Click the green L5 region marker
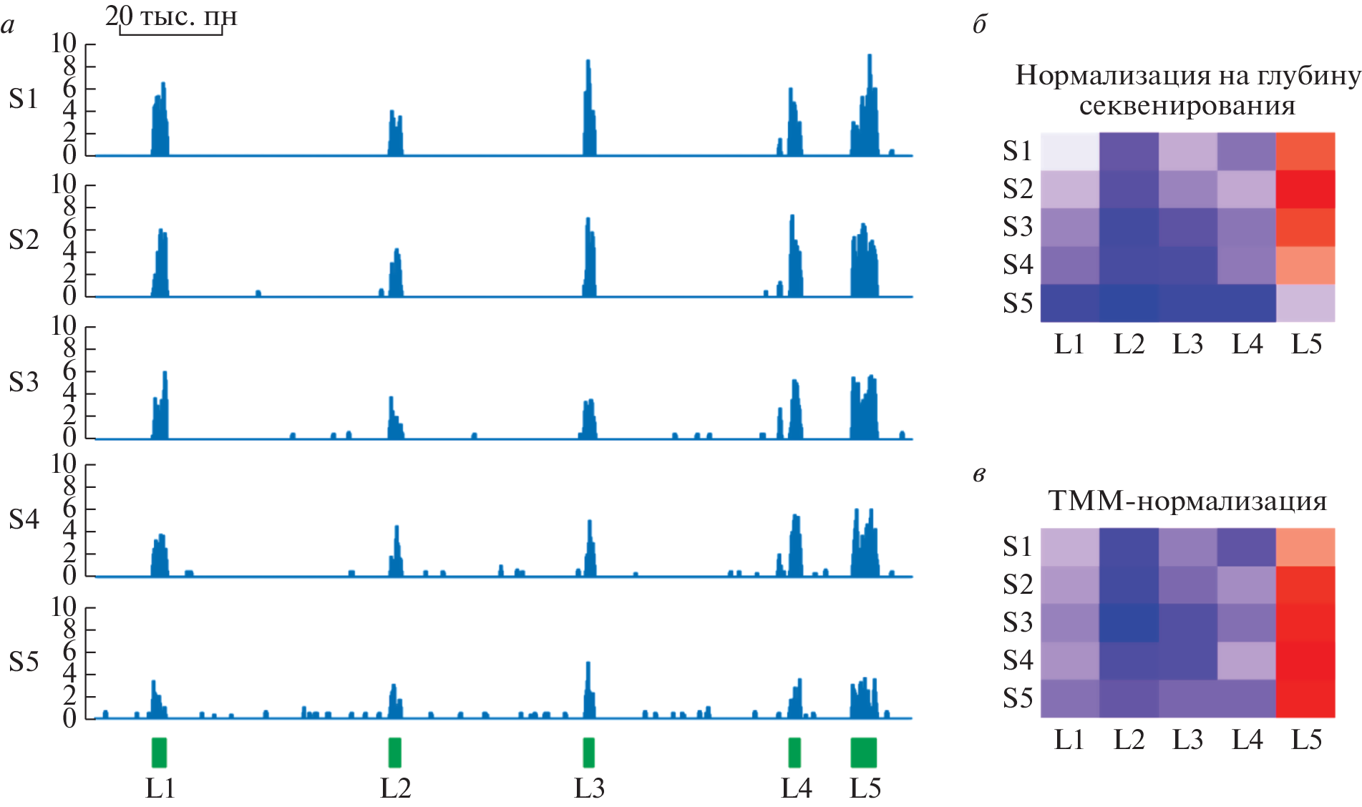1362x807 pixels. (863, 753)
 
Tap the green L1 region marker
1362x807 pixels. (159, 753)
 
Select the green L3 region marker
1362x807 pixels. (588, 753)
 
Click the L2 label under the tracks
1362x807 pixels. (395, 788)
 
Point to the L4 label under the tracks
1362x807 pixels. (796, 788)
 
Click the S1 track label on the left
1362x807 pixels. (24, 99)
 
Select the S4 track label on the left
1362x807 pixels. (24, 519)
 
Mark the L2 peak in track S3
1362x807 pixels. (391, 401)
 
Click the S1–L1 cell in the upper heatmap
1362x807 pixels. (1069, 151)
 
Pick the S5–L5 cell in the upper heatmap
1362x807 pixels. (1305, 303)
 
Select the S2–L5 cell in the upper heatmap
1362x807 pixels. (1305, 189)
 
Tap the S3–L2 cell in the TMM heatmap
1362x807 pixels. (1129, 622)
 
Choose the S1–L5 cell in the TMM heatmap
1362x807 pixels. (1305, 547)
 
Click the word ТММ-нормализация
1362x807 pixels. (1187, 501)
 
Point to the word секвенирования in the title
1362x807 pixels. (1187, 106)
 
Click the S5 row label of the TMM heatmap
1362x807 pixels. (1017, 698)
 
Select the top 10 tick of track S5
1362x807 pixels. (64, 607)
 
